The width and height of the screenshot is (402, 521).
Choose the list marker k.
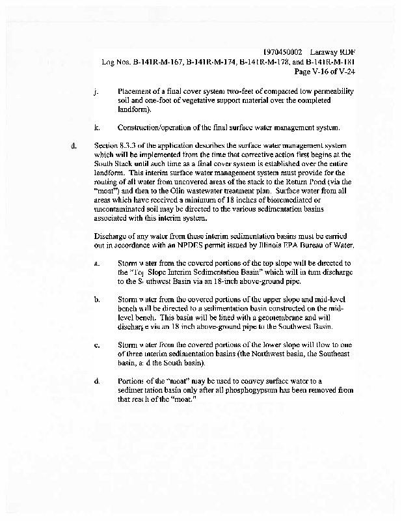point(97,127)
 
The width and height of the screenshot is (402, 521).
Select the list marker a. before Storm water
point(96,264)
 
